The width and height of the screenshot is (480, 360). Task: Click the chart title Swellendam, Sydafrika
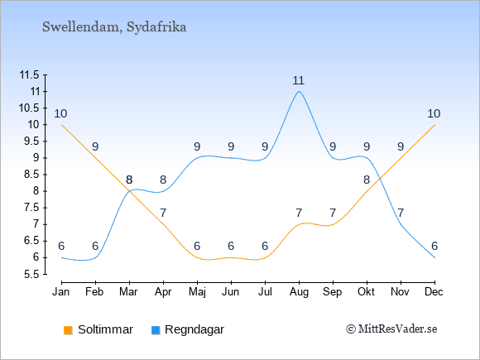tap(114, 27)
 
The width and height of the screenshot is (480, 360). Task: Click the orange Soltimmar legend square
tap(68, 330)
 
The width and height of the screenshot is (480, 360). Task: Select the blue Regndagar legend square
tap(156, 330)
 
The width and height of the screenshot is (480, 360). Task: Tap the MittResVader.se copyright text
tap(391, 329)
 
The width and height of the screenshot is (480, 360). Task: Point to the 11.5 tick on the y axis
tap(30, 74)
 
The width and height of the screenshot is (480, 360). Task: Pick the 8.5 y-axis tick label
tap(31, 175)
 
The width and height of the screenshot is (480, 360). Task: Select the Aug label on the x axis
tap(299, 292)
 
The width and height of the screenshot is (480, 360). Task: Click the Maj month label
tap(197, 292)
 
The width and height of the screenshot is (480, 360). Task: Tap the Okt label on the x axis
tap(367, 292)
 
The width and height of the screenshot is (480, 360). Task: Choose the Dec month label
tap(434, 292)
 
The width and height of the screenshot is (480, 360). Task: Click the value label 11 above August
tap(299, 81)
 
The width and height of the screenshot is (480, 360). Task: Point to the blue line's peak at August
tap(299, 91)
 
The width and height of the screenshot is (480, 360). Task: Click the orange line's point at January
tap(61, 125)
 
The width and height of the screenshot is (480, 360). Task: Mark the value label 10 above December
tap(434, 114)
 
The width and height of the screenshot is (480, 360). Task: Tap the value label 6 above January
tap(61, 246)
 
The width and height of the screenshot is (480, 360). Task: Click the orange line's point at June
tap(231, 257)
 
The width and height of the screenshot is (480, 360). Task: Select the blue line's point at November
tap(401, 224)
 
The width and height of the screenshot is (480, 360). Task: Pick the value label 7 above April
tap(163, 213)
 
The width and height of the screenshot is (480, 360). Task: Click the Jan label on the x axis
tap(61, 292)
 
